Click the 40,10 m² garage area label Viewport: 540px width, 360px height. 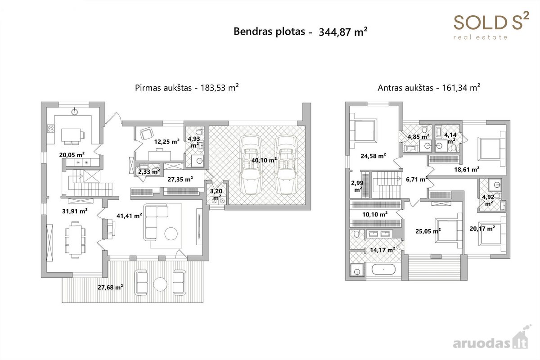(x=264, y=160)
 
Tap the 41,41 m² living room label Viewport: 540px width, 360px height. (x=129, y=216)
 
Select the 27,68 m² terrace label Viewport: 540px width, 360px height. (x=110, y=287)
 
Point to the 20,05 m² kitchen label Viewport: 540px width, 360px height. (x=72, y=155)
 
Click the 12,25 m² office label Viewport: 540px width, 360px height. (x=167, y=142)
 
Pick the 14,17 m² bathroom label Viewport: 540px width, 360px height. (x=382, y=250)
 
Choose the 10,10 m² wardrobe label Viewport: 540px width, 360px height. (x=375, y=214)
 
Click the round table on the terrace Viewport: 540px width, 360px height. (x=160, y=284)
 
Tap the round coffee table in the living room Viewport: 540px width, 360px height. (x=171, y=234)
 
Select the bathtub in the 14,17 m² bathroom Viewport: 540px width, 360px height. (x=383, y=270)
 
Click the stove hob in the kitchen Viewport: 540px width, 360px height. (x=50, y=128)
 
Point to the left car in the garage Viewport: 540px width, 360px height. (x=251, y=165)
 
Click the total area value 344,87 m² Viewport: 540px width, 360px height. (x=343, y=32)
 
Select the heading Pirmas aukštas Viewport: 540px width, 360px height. (x=163, y=88)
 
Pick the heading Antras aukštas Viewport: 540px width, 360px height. (x=405, y=88)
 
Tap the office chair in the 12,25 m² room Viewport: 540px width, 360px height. (x=147, y=133)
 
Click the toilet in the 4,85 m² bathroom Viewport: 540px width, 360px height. (x=424, y=128)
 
